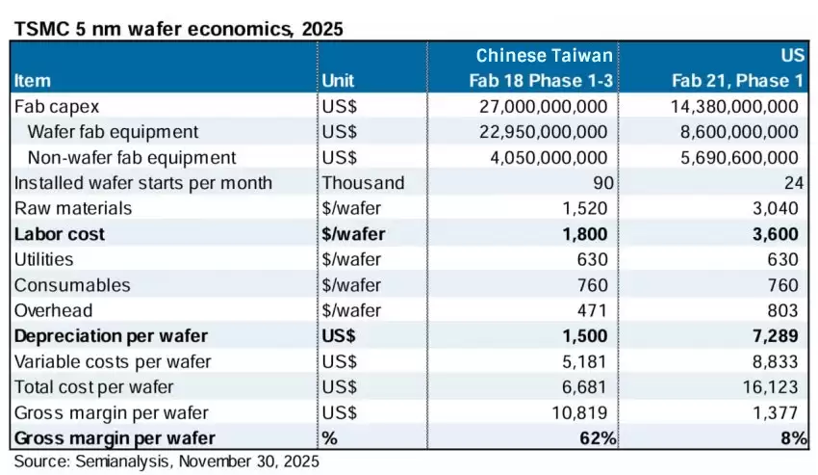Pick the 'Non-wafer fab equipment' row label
132,157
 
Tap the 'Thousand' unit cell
363,183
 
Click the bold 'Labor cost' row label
60,234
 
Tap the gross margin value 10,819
583,413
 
